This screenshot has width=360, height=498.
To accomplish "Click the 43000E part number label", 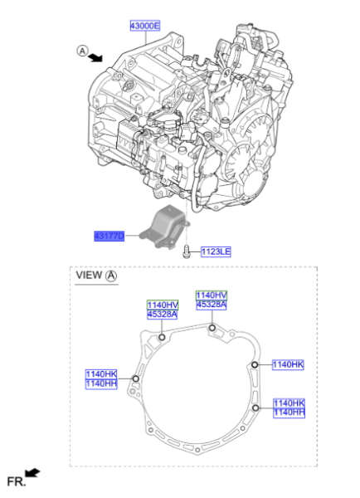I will pos(146,27).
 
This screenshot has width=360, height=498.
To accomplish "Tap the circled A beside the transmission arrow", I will pos(83,51).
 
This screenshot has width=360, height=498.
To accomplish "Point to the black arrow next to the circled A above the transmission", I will pos(97,56).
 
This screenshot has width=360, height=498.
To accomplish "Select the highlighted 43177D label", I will pos(109,237).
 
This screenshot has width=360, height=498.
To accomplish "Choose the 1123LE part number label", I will pos(215,250).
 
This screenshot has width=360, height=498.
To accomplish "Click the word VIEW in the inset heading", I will pos(89,275).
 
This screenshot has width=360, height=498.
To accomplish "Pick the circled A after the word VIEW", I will pos(112,275).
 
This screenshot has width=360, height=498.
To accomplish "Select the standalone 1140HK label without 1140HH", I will pos(289,364).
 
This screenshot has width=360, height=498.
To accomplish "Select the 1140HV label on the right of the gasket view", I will pos(211,295).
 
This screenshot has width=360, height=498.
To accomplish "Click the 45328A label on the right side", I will pos(211,305).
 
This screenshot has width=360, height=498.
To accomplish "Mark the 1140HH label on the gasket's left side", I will pos(101,383).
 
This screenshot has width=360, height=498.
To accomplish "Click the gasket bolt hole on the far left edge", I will pos(135,380).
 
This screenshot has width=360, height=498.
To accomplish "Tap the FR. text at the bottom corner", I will pos(15,481).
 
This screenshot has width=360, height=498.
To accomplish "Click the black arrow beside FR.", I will pos(32,472).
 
